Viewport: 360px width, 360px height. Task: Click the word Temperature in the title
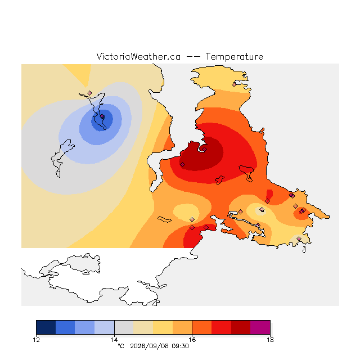pos(234,56)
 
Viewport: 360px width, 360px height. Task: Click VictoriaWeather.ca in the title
pos(138,56)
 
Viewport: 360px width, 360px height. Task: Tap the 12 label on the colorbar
pos(36,340)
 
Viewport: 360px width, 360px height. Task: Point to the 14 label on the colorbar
pos(114,340)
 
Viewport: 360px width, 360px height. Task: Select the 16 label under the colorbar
pos(192,340)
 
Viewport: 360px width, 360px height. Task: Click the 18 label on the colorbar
pos(270,340)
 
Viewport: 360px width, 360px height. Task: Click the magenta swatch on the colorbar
pos(260,327)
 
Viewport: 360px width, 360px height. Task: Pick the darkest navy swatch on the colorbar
pos(46,327)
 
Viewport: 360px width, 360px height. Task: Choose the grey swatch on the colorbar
pos(124,327)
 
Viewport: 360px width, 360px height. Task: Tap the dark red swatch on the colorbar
pos(241,327)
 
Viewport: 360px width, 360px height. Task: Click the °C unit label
pos(121,346)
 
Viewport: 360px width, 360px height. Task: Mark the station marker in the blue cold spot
pos(102,116)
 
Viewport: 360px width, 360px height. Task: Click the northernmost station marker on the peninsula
pos(234,85)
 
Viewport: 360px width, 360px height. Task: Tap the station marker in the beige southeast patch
pos(299,238)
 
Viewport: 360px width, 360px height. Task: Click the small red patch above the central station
pos(269,194)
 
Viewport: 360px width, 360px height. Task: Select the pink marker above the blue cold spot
pos(90,93)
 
